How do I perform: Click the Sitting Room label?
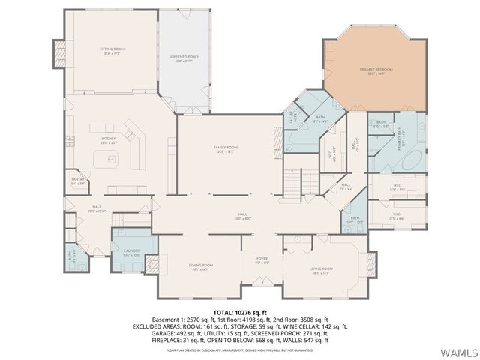111,52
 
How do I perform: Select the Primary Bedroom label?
380,70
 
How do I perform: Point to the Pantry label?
76,181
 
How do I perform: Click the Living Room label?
322,269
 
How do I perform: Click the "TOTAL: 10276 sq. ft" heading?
240,311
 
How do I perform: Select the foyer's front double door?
262,289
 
